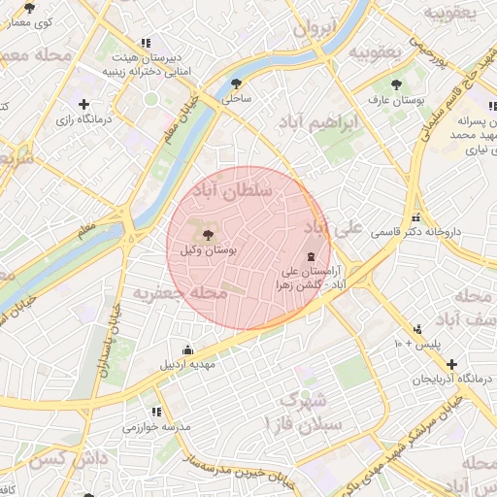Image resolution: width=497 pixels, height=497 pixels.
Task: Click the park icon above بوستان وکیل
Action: click(x=207, y=234)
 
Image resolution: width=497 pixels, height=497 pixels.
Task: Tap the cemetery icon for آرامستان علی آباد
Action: click(x=310, y=257)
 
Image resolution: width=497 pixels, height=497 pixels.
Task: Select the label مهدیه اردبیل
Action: click(x=188, y=365)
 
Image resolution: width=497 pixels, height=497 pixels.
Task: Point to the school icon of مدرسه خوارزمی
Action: click(x=153, y=411)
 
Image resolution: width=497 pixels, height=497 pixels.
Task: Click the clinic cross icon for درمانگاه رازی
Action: click(x=83, y=104)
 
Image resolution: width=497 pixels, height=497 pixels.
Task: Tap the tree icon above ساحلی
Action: click(x=238, y=83)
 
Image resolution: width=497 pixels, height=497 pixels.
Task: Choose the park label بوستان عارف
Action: click(x=394, y=99)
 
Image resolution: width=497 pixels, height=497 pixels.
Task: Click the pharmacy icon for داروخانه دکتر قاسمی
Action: click(x=416, y=217)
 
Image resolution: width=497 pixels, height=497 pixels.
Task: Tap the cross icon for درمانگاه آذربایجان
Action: click(x=452, y=364)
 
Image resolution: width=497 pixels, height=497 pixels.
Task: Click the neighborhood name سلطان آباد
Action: click(x=236, y=191)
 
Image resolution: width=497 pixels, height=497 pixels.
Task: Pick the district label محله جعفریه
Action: click(x=180, y=292)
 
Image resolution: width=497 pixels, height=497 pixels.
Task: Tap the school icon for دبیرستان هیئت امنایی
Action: click(x=146, y=43)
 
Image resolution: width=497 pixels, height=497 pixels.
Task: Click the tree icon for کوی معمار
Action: click(x=29, y=8)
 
